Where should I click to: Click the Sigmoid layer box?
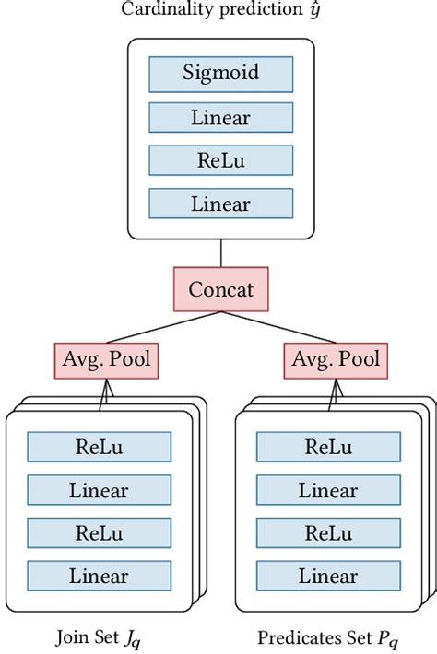pyautogui.click(x=220, y=73)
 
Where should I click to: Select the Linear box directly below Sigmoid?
pyautogui.click(x=220, y=117)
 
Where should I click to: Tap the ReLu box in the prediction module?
pyautogui.click(x=220, y=160)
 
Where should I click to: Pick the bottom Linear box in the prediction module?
pyautogui.click(x=220, y=204)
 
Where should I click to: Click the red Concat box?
pyautogui.click(x=220, y=289)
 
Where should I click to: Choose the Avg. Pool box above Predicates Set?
pyautogui.click(x=336, y=360)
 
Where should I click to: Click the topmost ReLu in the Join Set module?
pyautogui.click(x=99, y=447)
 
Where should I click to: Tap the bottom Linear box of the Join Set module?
pyautogui.click(x=99, y=577)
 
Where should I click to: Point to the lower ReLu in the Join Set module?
pyautogui.click(x=99, y=533)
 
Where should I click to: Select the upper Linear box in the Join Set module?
pyautogui.click(x=99, y=490)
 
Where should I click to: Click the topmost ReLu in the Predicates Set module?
pyautogui.click(x=327, y=447)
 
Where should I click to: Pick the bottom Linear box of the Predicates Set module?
pyautogui.click(x=327, y=577)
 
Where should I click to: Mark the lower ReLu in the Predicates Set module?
pyautogui.click(x=327, y=533)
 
